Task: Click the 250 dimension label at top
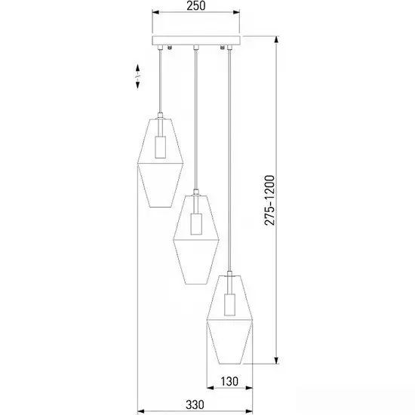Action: [196, 6]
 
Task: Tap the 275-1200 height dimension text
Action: [269, 200]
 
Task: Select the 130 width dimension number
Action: [229, 381]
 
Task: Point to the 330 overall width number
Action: [195, 405]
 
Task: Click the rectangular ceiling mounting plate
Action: [196, 41]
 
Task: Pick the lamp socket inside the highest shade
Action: [161, 147]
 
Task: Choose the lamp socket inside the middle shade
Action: [196, 224]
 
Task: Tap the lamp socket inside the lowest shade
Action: [229, 304]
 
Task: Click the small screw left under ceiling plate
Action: [170, 48]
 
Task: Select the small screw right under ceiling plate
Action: [223, 48]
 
